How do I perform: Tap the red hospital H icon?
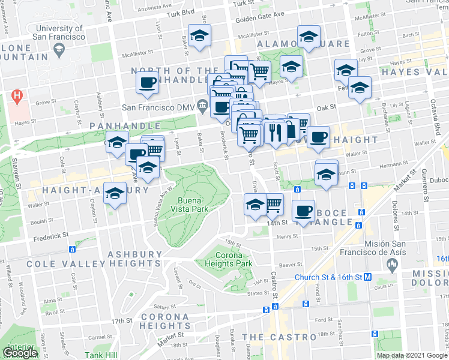pos(17,96)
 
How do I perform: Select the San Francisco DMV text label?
pos(158,107)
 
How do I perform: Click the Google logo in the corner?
pos(20,353)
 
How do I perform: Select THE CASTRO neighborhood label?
pos(279,337)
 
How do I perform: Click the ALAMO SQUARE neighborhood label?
pos(303,44)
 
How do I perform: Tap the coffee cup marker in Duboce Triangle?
pos(304,211)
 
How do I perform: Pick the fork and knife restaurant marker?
pos(276,132)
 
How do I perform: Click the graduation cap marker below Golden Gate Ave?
pos(199,36)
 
